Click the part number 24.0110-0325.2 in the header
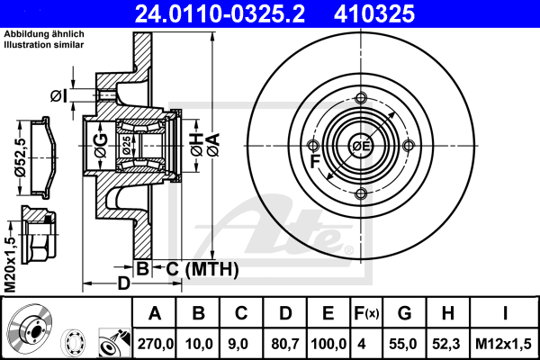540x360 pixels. pos(220,13)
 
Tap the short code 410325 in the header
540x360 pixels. pos(374,13)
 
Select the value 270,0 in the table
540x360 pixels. pos(155,344)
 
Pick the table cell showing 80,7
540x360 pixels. pos(284,344)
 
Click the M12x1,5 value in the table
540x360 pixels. pos(503,344)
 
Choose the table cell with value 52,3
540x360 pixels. pos(446,344)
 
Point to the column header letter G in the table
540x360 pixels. pos(404,313)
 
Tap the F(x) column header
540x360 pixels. pos(366,313)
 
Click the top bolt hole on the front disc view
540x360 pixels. pos(361,98)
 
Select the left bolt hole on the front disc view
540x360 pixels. pos(312,146)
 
